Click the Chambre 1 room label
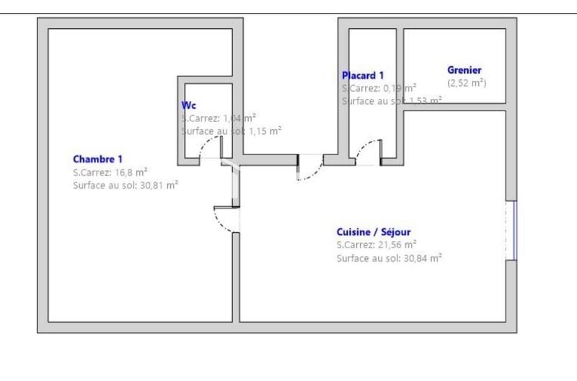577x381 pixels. tap(98, 159)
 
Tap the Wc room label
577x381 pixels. tap(188, 104)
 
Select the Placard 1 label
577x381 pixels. tap(362, 75)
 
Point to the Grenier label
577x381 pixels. tap(464, 70)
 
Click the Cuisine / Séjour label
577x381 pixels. tap(374, 232)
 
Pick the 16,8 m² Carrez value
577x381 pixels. tap(131, 172)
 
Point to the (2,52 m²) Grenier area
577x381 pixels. tap(467, 83)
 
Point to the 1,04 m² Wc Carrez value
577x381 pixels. tap(240, 118)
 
